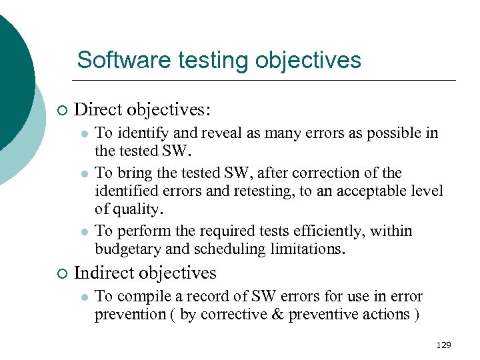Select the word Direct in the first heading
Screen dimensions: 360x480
click(x=98, y=108)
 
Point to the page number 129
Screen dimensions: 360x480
click(x=443, y=345)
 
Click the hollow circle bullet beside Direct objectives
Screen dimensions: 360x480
click(x=61, y=109)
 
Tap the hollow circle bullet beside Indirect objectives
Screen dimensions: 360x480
click(x=61, y=273)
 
